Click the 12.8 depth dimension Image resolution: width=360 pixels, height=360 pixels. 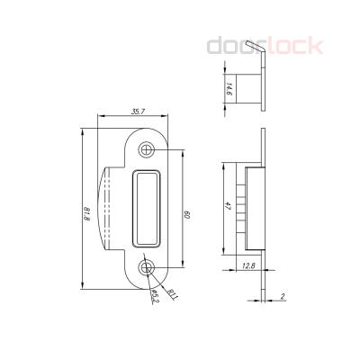click(x=249, y=264)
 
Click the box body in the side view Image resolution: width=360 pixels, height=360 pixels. click(x=251, y=207)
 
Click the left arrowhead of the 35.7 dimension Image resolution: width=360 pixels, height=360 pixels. click(x=98, y=117)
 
